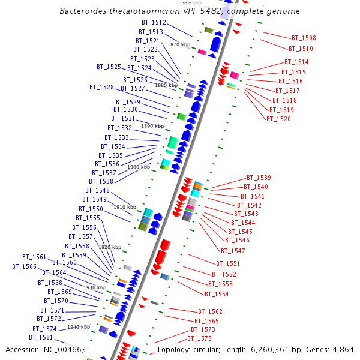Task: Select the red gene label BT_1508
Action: pos(304,38)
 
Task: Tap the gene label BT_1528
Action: pos(101,88)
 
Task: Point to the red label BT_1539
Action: pos(259,178)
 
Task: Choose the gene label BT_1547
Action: pos(233,251)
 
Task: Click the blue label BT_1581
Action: pos(41,338)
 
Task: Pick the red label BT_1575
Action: pos(199,339)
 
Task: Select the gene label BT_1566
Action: pos(25,267)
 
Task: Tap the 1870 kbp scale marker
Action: pos(178,45)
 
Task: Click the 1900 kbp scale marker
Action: pos(138,167)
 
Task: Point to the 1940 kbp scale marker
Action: pos(79,328)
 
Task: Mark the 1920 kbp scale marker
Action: pos(110,247)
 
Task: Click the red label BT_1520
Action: pos(278,119)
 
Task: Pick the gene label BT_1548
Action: pos(97,191)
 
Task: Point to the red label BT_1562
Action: pos(210,312)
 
